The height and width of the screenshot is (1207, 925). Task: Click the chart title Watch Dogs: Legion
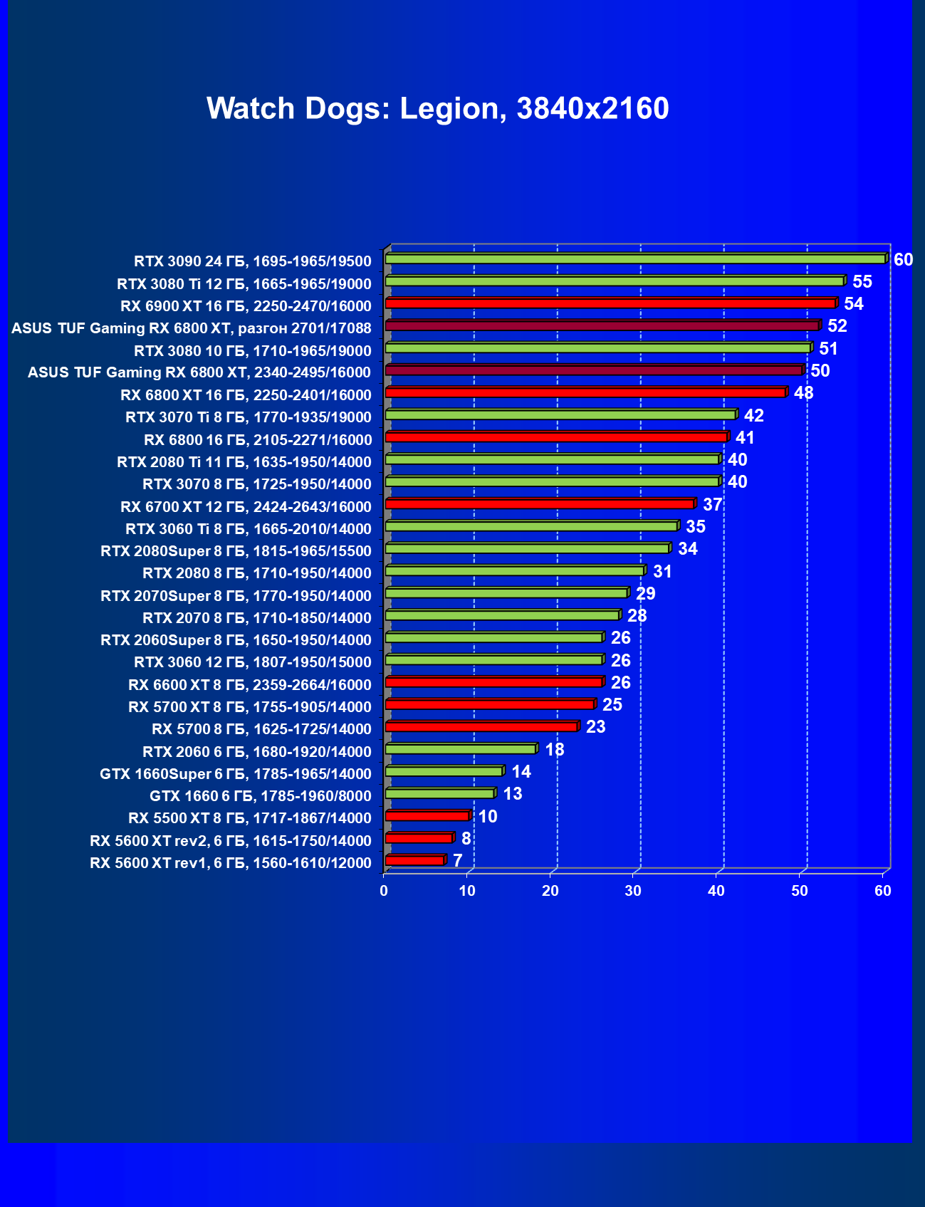(437, 109)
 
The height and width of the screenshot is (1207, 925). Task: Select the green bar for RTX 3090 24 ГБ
(635, 259)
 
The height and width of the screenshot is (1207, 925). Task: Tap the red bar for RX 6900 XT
(610, 304)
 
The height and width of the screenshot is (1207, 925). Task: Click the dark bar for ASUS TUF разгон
(602, 326)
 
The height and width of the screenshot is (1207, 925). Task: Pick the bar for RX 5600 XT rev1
(415, 861)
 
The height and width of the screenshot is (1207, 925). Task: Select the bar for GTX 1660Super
(444, 772)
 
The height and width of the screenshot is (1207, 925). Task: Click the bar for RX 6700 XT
(540, 504)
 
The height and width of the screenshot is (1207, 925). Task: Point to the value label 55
(862, 282)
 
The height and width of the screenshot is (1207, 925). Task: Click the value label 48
(803, 393)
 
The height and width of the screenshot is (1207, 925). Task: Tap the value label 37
(712, 505)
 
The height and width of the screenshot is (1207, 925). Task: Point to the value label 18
(554, 750)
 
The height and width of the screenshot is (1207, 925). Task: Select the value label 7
(457, 861)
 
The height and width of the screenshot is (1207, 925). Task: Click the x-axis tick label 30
(633, 891)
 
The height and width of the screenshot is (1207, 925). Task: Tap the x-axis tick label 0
(384, 891)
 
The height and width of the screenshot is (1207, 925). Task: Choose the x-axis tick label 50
(800, 891)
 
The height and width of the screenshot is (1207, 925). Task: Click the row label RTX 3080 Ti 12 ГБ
(244, 284)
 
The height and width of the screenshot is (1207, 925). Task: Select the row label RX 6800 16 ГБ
(258, 440)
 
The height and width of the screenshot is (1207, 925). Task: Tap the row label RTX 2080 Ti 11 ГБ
(244, 462)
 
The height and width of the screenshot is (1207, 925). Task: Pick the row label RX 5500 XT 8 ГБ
(250, 818)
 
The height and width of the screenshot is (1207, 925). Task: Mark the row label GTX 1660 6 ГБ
(261, 796)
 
